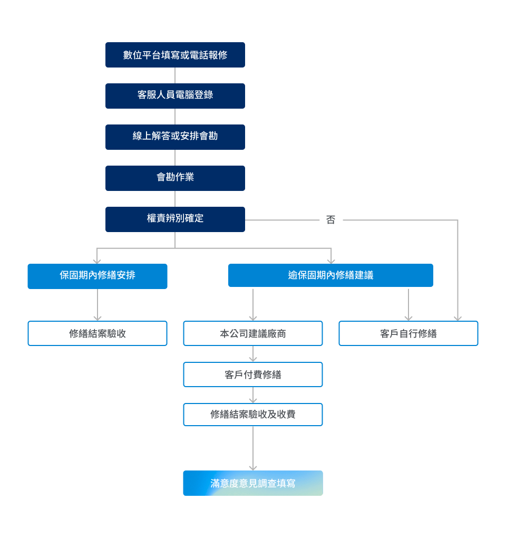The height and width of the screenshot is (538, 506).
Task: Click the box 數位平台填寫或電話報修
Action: (x=175, y=55)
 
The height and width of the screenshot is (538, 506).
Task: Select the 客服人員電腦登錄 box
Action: (x=175, y=96)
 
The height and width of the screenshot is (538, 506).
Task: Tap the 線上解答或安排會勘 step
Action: (x=175, y=137)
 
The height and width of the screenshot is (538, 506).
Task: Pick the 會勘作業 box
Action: (x=175, y=178)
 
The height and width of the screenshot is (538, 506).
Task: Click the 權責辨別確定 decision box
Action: (x=175, y=219)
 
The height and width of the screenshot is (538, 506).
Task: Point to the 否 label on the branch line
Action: (x=331, y=219)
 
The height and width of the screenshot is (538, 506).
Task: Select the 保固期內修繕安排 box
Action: (x=98, y=276)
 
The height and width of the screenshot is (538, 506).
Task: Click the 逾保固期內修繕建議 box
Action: (x=331, y=275)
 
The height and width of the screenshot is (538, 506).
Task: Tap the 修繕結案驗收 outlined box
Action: (x=98, y=333)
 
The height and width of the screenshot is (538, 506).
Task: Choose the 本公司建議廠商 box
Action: (x=253, y=333)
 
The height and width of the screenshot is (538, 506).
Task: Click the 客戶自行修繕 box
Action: (x=408, y=333)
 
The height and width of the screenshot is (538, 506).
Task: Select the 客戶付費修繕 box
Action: (x=253, y=374)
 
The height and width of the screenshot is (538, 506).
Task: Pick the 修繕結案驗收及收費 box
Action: (x=253, y=415)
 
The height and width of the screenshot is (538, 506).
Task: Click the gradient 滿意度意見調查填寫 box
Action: (x=253, y=483)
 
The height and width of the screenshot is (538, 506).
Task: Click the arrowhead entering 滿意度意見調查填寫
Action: (x=253, y=468)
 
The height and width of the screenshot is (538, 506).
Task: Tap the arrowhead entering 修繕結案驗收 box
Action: (x=98, y=319)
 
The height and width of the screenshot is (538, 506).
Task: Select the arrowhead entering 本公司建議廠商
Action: (x=253, y=319)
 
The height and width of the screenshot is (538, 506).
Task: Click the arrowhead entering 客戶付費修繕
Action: (x=253, y=359)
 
